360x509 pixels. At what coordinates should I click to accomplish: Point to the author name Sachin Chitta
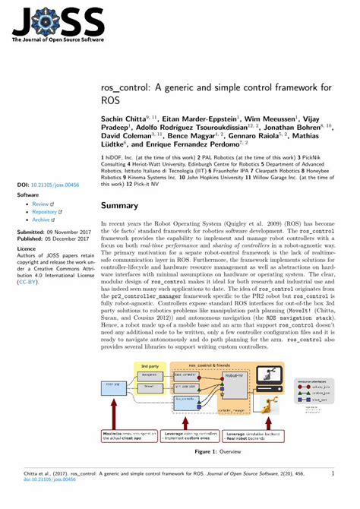point(125,119)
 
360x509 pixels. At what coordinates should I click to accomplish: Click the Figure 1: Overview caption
point(217,452)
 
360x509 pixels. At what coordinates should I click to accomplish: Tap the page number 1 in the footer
point(333,472)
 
